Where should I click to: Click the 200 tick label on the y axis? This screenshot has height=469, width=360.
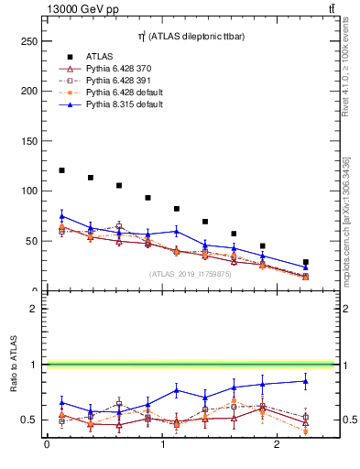point(28,92)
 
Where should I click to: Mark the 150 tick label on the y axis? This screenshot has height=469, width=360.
point(28,142)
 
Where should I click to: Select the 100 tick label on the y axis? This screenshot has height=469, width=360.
point(28,191)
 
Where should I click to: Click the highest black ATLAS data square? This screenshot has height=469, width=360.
point(61,170)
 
